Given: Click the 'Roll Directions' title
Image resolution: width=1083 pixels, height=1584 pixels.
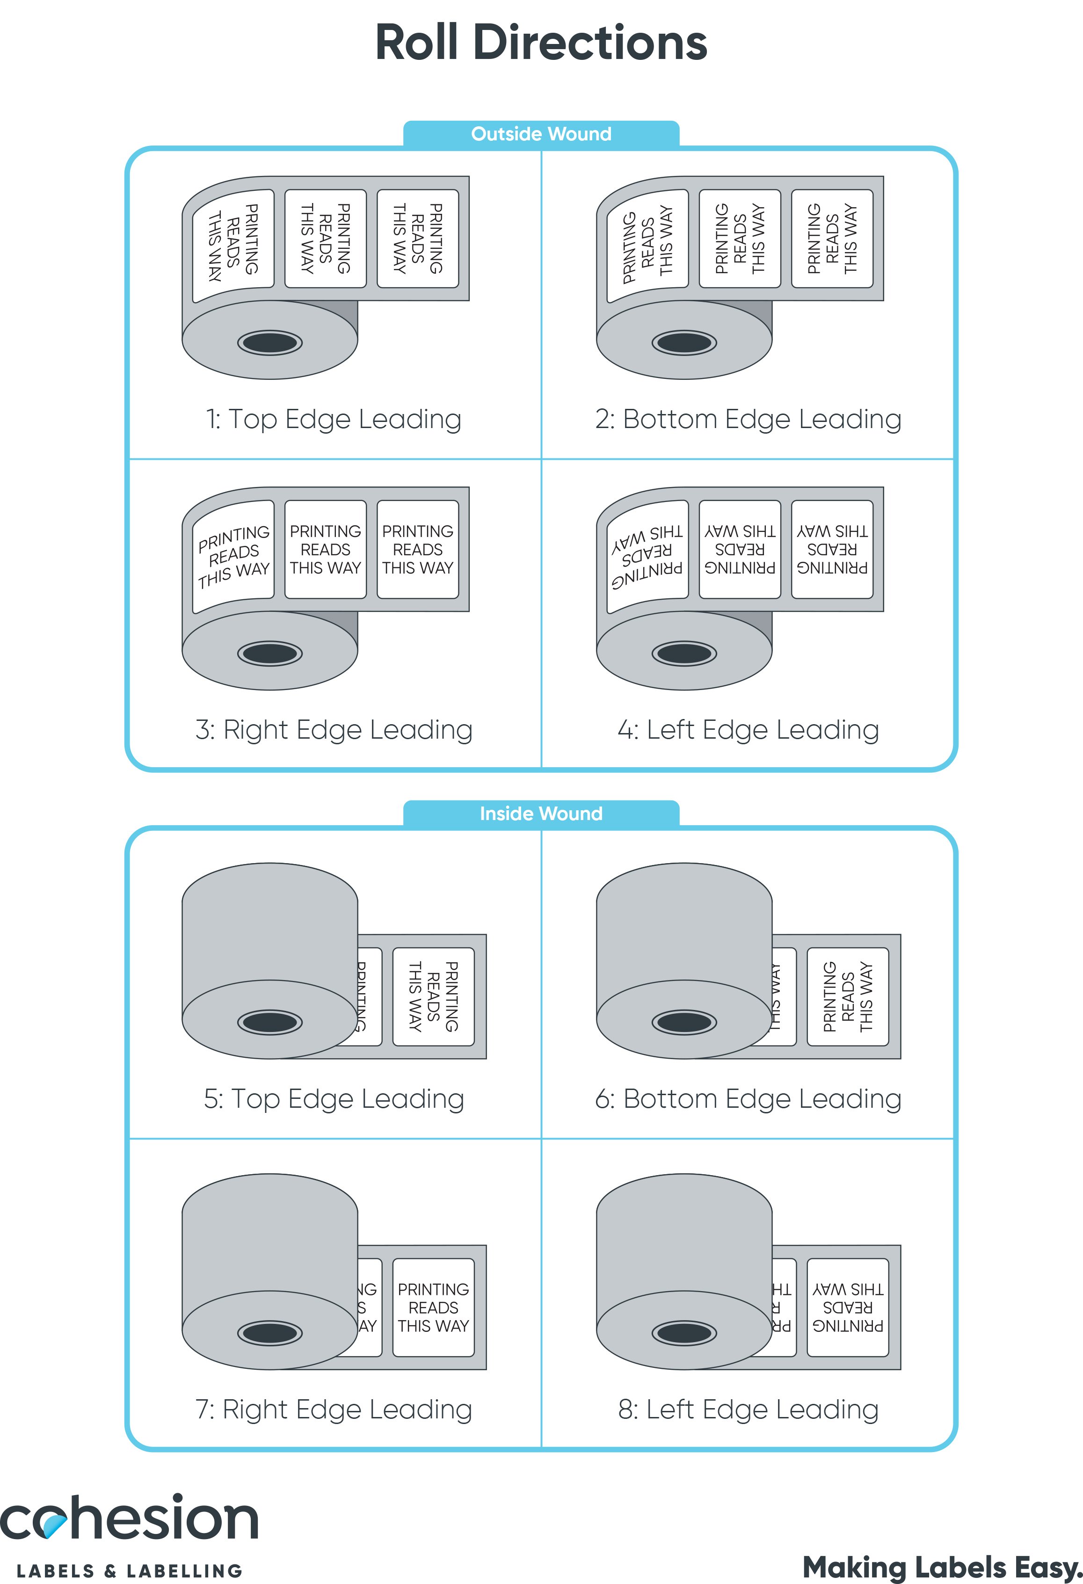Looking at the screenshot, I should [x=541, y=42].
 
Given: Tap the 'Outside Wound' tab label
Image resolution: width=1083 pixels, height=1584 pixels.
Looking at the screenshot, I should [x=541, y=134].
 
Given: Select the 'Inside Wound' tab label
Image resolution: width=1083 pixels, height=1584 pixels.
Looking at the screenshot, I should [x=541, y=813].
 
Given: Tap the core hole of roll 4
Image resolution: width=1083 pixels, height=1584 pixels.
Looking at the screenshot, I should [x=684, y=654].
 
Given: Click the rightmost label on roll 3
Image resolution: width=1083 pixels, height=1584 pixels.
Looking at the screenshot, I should [x=418, y=549].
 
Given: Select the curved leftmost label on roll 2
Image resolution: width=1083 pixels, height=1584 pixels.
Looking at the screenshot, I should [x=647, y=246].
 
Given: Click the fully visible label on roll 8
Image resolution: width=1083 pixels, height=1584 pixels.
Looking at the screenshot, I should [x=847, y=1307].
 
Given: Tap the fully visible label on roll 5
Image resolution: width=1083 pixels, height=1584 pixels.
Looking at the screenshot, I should [x=433, y=996].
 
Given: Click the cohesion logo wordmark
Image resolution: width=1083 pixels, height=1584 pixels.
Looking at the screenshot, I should [x=130, y=1519].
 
